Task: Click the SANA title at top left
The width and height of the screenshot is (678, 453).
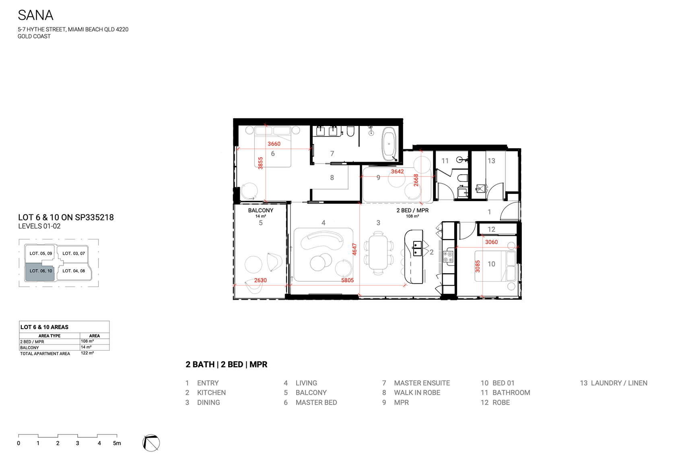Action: click(35, 15)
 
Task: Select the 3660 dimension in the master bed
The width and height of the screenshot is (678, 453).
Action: click(274, 144)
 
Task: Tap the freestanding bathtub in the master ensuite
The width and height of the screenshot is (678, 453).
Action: click(389, 144)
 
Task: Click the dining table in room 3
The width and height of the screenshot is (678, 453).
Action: click(378, 252)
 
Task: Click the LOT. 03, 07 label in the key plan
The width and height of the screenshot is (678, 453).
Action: click(74, 253)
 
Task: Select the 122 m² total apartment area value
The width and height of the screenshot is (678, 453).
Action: click(87, 353)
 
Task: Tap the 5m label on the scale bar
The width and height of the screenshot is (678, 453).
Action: click(117, 443)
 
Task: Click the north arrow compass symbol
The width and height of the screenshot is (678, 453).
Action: click(151, 443)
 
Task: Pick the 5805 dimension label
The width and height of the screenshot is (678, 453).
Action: click(348, 280)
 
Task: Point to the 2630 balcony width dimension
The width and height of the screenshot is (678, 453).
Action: click(260, 280)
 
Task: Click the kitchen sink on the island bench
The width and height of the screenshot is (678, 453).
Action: click(417, 249)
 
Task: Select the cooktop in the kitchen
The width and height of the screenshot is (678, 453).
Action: click(448, 257)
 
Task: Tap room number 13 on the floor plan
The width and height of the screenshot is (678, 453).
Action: click(491, 161)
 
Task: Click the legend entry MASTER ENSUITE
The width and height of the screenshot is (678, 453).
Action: click(422, 383)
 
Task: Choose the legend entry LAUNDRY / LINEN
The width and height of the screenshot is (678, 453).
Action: click(619, 383)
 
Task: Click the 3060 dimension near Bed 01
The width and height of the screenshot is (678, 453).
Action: click(491, 242)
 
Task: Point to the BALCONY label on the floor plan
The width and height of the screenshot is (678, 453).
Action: click(261, 210)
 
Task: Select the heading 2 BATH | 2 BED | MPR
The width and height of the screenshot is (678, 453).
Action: click(227, 364)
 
